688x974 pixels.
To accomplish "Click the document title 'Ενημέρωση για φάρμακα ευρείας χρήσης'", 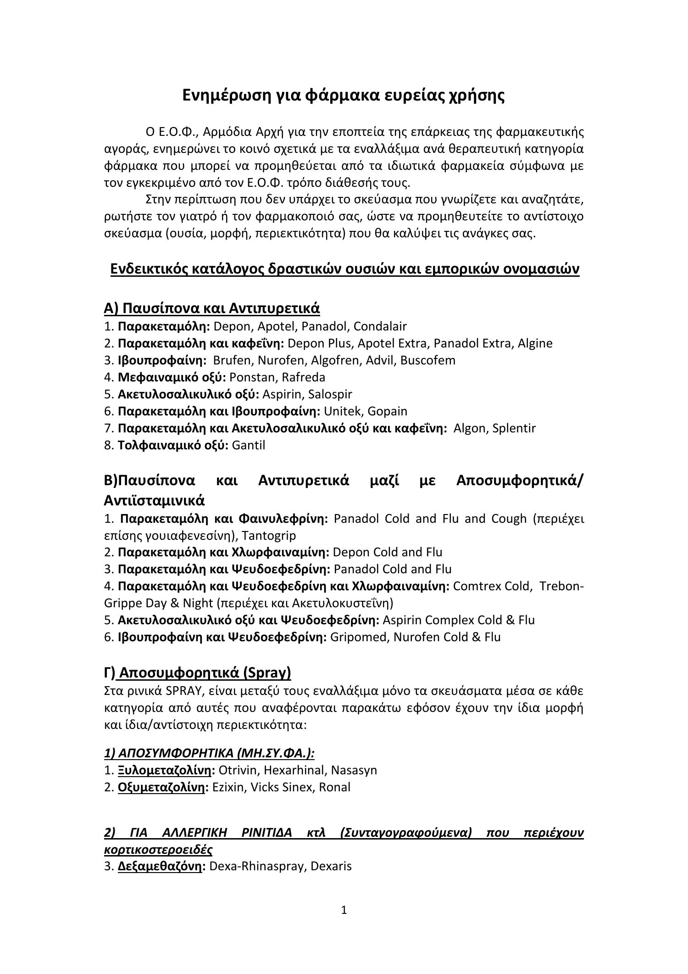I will tap(344, 95).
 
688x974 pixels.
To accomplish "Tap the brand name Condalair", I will tap(380, 326).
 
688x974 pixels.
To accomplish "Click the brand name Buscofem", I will tap(428, 360).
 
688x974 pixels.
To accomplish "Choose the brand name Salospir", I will tap(330, 394).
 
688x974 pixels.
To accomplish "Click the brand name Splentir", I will tap(514, 428).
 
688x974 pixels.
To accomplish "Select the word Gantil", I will tap(249, 445).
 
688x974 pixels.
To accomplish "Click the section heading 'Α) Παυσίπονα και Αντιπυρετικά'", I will tap(212, 308).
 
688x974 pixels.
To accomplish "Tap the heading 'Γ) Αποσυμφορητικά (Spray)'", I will tap(198, 673).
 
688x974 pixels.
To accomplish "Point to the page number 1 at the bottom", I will tap(344, 910).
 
